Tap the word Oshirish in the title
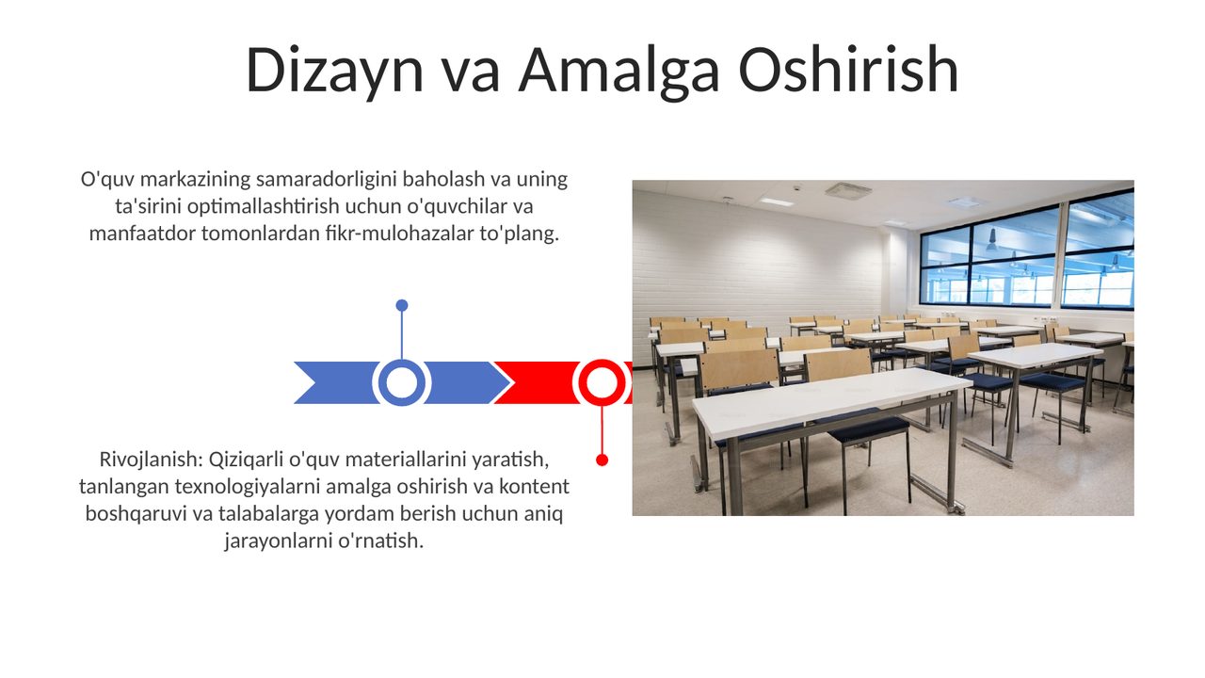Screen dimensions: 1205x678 [848, 70]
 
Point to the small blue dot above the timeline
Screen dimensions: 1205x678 [401, 306]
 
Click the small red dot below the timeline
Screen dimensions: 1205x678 [602, 460]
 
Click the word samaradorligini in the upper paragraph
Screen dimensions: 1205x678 [327, 180]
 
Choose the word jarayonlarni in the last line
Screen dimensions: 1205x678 [278, 541]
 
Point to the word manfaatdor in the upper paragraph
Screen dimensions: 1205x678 [142, 234]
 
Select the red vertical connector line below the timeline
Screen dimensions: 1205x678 [602, 430]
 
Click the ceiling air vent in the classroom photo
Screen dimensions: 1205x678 [848, 190]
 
